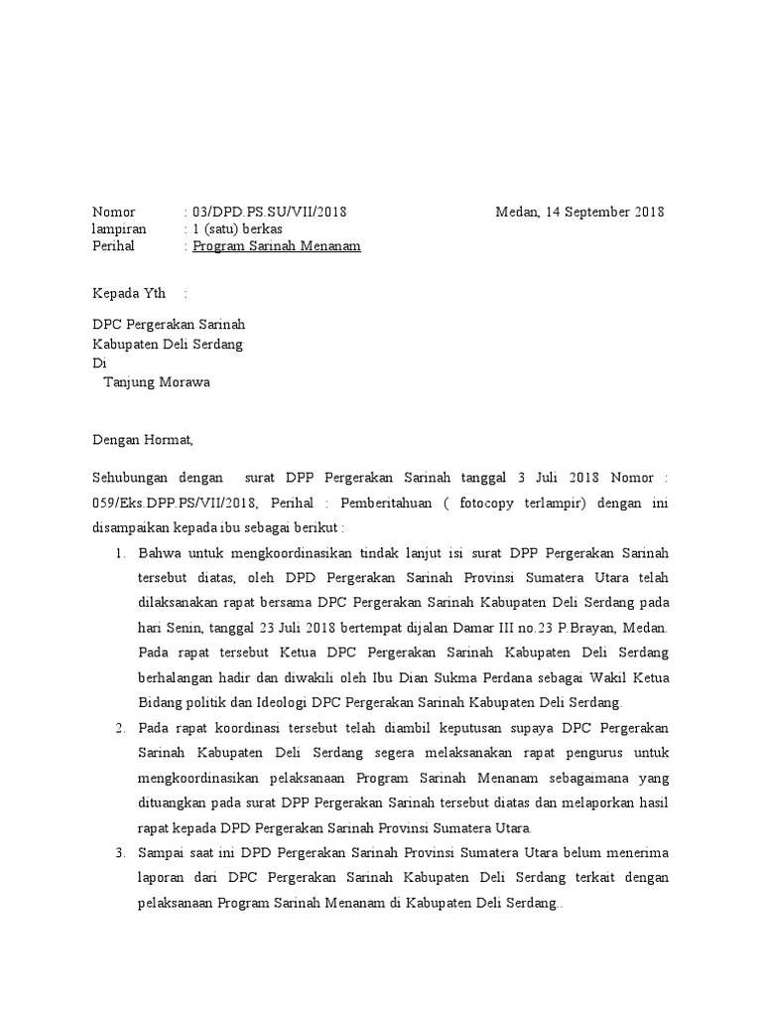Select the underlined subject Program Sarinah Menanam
click(x=277, y=245)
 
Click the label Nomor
click(x=113, y=212)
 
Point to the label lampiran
click(x=119, y=228)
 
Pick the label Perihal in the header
click(x=113, y=245)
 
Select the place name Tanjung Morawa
click(x=157, y=381)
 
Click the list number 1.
click(x=118, y=552)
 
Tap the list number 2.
click(x=118, y=728)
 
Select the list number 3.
click(x=118, y=852)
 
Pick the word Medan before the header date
click(x=516, y=212)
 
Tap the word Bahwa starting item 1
click(x=159, y=552)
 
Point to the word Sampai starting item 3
click(x=162, y=852)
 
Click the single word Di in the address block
click(x=98, y=363)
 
